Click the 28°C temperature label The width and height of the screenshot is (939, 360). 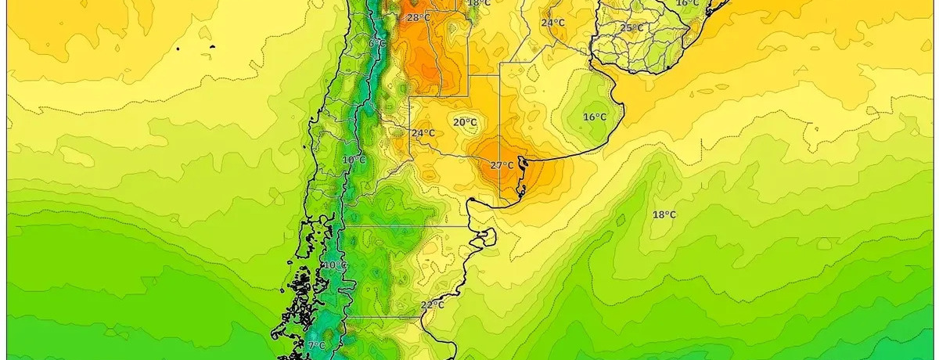pos(418,17)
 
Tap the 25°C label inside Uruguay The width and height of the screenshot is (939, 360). pos(631,28)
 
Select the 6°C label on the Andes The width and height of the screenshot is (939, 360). pos(377,43)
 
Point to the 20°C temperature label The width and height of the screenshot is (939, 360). pos(465,122)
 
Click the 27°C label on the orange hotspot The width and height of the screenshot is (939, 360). pos(502,165)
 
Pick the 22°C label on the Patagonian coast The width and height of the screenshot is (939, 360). pos(432,305)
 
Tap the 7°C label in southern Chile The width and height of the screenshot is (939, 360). pos(316,346)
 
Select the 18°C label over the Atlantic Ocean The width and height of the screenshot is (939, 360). pos(664,214)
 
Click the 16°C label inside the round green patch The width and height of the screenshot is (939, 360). pos(595,117)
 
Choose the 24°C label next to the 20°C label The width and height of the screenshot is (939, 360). pos(423,133)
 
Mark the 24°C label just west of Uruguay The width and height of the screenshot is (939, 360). pos(552,23)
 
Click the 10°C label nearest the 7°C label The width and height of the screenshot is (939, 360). pos(335,265)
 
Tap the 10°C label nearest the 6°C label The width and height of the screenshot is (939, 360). pos(354,160)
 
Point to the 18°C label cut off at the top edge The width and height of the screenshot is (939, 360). pos(479,3)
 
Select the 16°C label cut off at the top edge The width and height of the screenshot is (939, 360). pos(687,3)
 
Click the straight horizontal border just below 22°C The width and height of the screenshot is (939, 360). pos(383,317)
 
